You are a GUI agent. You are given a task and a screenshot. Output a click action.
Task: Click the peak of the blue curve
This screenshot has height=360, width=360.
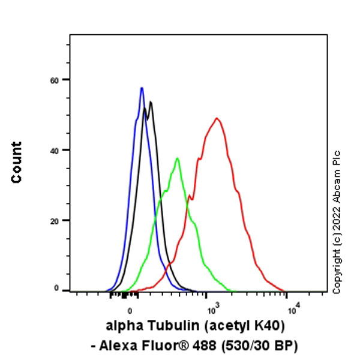pos(142,88)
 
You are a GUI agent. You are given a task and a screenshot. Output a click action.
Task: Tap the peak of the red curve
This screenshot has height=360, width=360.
pos(217,118)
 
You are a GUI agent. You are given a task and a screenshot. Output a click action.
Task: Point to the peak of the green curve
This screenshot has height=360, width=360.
pos(177,158)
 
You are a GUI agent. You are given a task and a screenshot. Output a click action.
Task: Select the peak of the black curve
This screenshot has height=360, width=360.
pos(151,102)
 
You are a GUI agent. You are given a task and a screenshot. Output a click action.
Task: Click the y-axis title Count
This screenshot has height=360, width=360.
pos(16,162)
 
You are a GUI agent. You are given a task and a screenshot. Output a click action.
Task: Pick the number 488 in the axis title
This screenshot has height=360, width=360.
pos(211,346)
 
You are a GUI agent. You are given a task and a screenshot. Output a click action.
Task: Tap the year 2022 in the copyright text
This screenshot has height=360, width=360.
pos(337,227)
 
